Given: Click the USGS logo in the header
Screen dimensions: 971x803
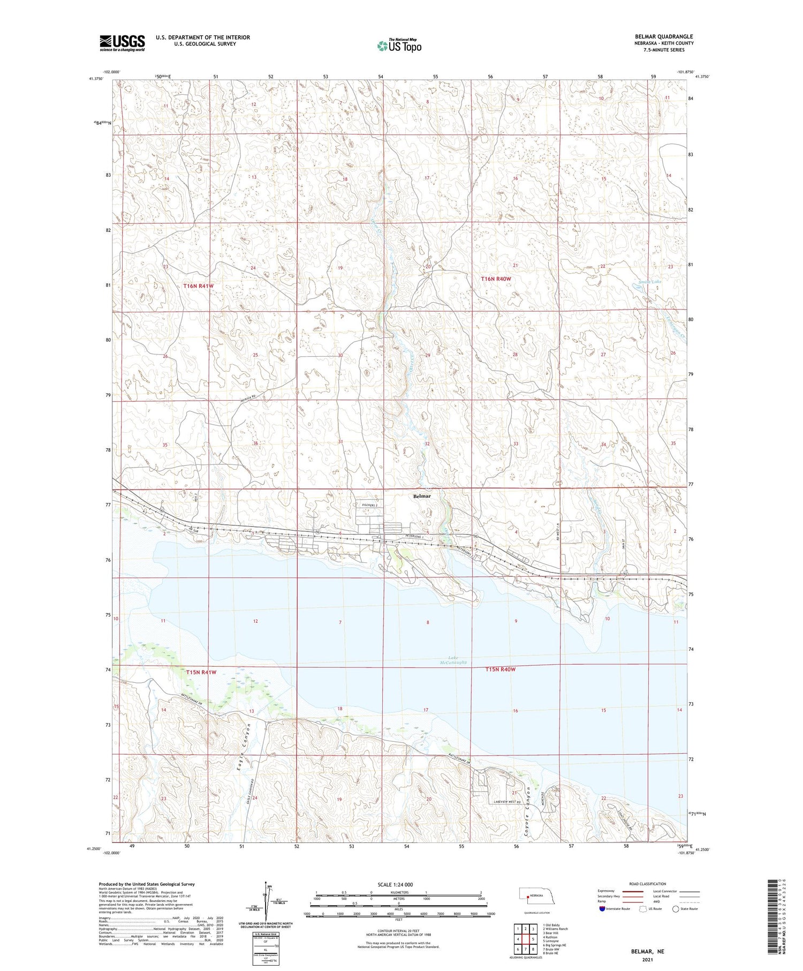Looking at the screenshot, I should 122,43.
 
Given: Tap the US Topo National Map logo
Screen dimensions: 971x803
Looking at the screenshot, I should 399,46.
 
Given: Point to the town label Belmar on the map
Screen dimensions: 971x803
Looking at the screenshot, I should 422,496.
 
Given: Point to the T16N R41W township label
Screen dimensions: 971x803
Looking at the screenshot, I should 198,286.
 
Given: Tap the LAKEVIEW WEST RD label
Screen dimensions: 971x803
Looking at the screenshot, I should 508,801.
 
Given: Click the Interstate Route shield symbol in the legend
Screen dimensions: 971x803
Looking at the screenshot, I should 602,909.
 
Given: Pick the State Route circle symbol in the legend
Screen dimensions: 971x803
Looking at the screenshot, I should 676,909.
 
